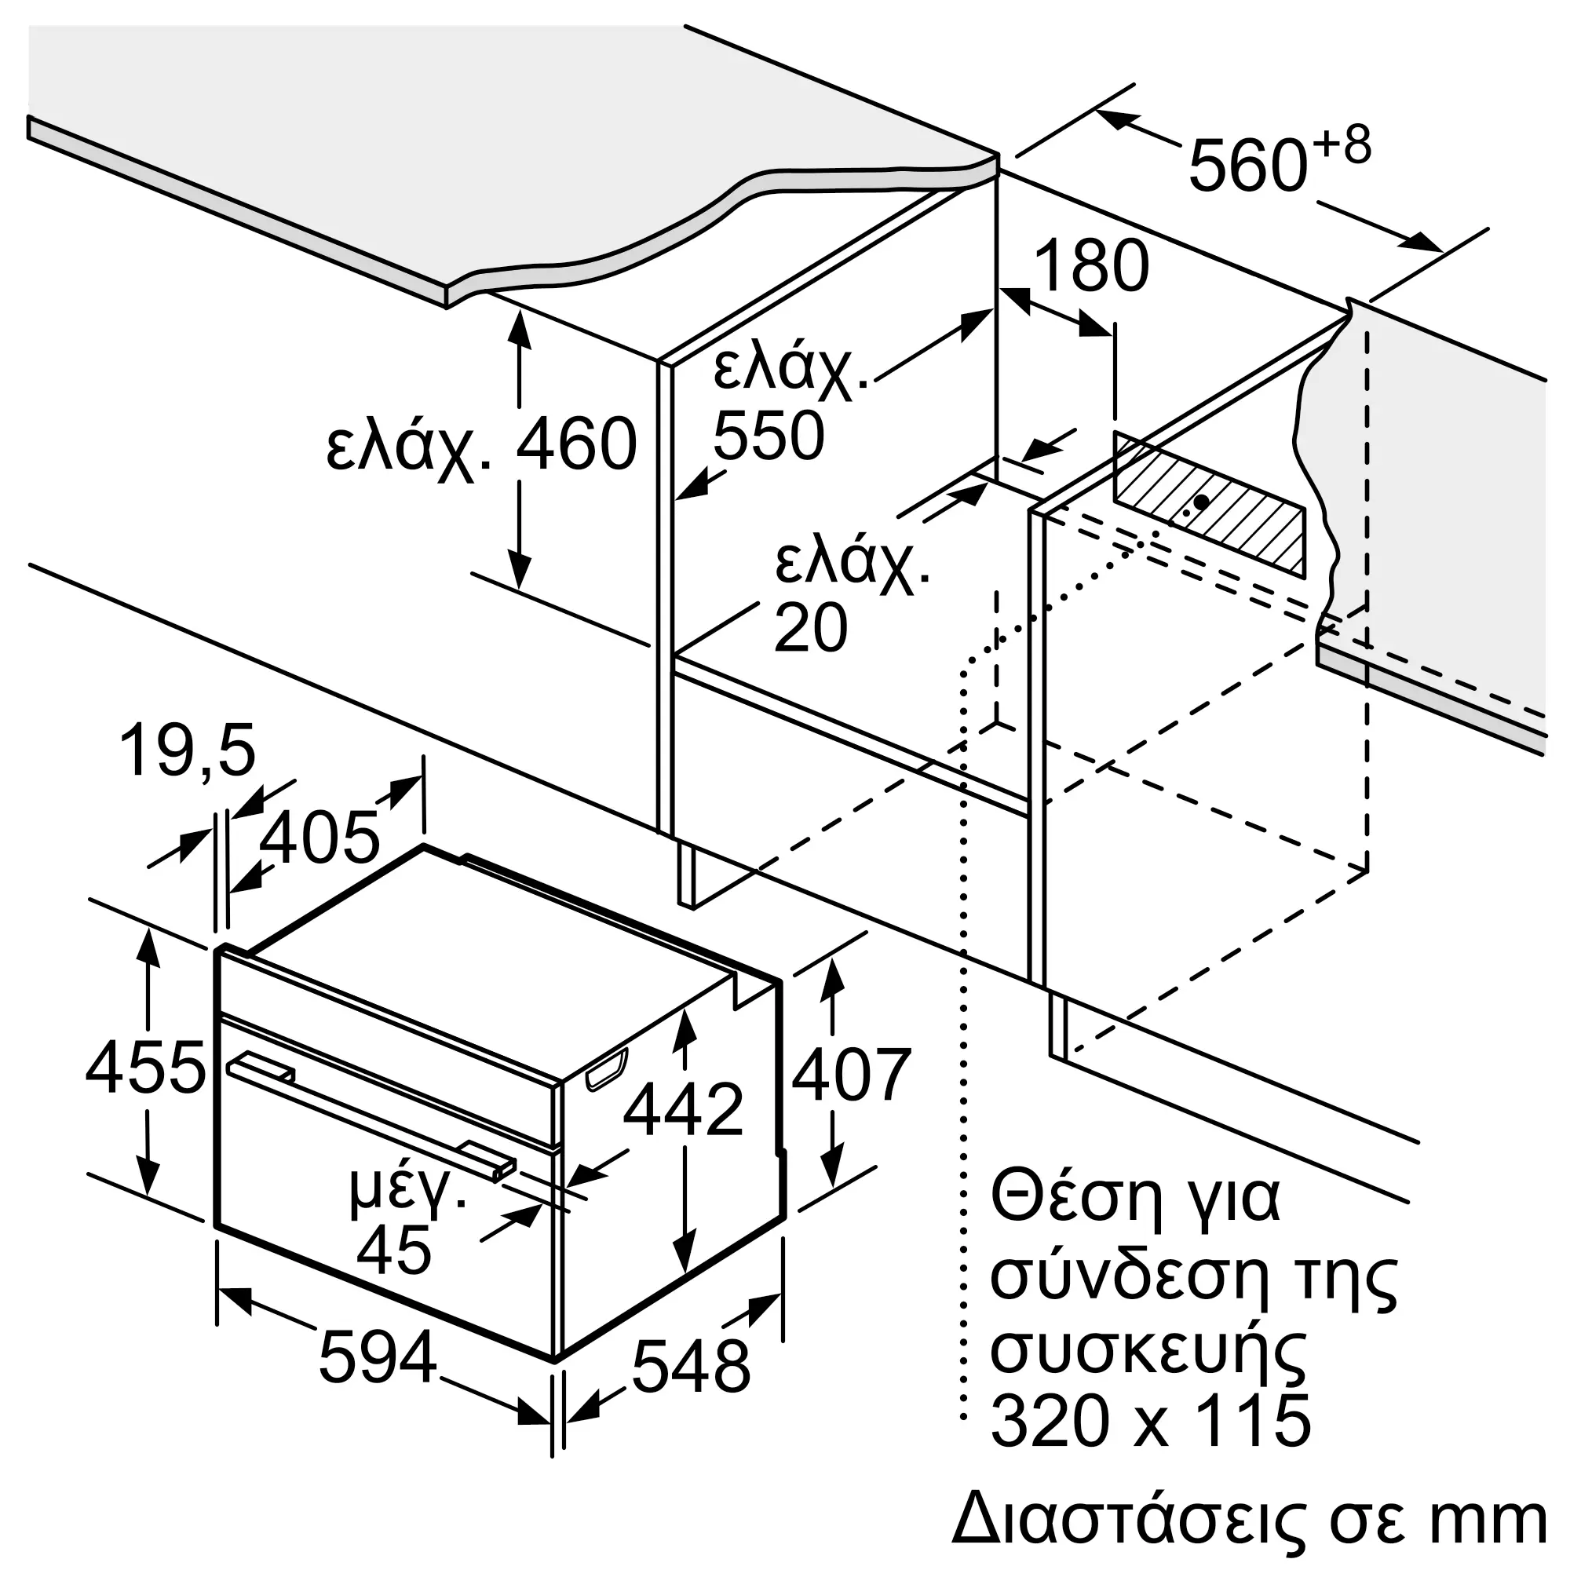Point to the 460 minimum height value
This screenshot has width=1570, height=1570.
point(576,444)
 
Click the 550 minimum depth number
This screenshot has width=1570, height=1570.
point(769,436)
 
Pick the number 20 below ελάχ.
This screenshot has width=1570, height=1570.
point(810,626)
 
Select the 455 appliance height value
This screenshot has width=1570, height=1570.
point(145,1067)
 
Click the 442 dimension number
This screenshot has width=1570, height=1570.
point(684,1109)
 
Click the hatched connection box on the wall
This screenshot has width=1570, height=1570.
point(1210,504)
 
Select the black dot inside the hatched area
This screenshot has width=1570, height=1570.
point(1201,502)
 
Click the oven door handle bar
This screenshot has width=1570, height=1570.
point(371,1115)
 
